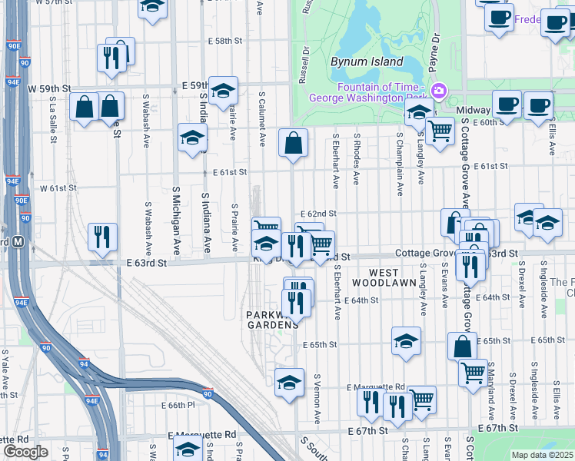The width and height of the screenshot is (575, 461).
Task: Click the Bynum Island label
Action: tap(367, 61)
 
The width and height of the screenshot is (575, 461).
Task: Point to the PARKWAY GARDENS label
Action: tap(271, 320)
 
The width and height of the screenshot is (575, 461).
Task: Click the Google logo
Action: tap(25, 452)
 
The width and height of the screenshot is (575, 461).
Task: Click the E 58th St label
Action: tap(224, 41)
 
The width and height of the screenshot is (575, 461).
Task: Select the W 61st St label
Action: tap(58, 187)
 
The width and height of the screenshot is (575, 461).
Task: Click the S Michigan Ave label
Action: tap(176, 221)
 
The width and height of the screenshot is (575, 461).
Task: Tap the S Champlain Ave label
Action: tap(400, 164)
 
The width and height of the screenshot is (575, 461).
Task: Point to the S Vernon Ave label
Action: tap(317, 399)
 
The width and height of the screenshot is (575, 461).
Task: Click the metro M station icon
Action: tap(18, 241)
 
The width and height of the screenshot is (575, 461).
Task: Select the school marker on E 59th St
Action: tap(223, 91)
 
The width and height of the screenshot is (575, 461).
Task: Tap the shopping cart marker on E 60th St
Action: tap(439, 131)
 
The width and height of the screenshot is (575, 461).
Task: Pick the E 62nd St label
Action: tap(319, 213)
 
